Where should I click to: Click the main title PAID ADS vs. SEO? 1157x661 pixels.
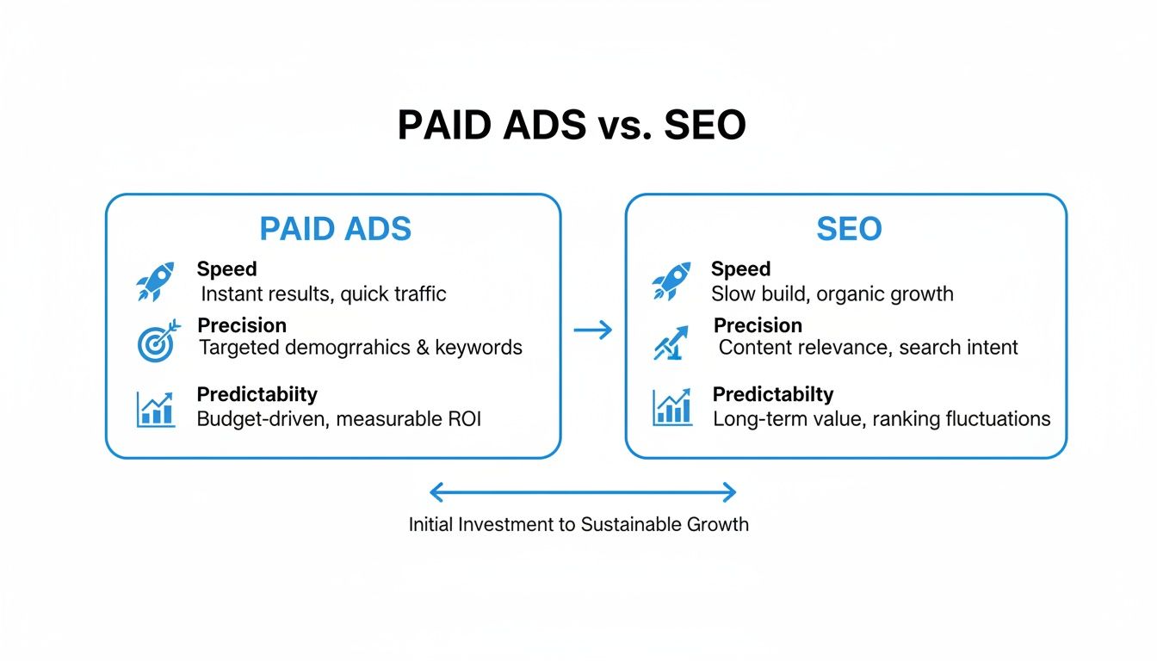pos(572,127)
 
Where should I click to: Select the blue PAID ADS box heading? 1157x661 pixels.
pos(336,229)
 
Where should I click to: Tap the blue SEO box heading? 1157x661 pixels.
pos(848,229)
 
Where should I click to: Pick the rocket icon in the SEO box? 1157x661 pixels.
pos(671,281)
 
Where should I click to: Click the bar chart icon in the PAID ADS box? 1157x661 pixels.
pos(155,409)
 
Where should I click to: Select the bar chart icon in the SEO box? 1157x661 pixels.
pos(671,407)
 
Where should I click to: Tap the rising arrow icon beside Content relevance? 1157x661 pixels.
pos(671,343)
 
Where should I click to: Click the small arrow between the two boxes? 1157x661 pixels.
pos(592,330)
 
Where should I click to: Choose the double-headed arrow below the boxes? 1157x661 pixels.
pos(583,492)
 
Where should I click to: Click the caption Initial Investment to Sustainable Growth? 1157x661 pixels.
pos(578,524)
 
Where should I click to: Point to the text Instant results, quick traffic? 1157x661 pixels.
pos(324,293)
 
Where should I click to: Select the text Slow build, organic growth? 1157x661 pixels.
pos(832,293)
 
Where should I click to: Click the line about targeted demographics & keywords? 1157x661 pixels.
pos(361,348)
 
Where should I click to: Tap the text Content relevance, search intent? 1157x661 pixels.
pos(868,348)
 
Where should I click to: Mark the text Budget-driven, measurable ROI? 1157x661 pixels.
pos(339,419)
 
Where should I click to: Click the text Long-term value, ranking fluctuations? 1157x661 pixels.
pos(882,419)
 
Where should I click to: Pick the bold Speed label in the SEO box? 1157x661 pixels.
pos(740,269)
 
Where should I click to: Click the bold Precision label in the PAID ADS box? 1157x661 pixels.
pos(242,325)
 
